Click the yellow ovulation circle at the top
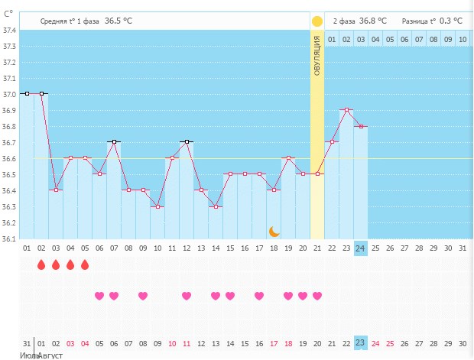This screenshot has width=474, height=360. pyautogui.click(x=317, y=21)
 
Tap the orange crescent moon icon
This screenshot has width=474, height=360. pyautogui.click(x=274, y=231)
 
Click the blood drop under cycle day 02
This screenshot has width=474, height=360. pyautogui.click(x=41, y=265)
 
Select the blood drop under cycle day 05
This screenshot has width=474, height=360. pyautogui.click(x=85, y=265)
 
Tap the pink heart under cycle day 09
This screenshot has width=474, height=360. pyautogui.click(x=143, y=296)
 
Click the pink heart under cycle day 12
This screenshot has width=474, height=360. pyautogui.click(x=187, y=296)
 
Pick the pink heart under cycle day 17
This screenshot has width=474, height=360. pyautogui.click(x=259, y=296)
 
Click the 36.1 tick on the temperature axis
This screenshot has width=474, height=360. pyautogui.click(x=11, y=239)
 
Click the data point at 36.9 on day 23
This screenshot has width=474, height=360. pyautogui.click(x=346, y=110)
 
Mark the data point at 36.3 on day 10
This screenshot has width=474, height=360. pyautogui.click(x=157, y=206)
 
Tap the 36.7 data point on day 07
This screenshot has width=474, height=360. pyautogui.click(x=114, y=142)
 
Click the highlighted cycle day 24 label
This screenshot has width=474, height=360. pyautogui.click(x=361, y=248)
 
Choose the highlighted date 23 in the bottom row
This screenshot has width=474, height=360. pyautogui.click(x=361, y=343)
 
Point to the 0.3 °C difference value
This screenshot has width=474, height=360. pyautogui.click(x=450, y=21)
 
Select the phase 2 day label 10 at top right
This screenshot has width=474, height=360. pyautogui.click(x=463, y=38)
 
